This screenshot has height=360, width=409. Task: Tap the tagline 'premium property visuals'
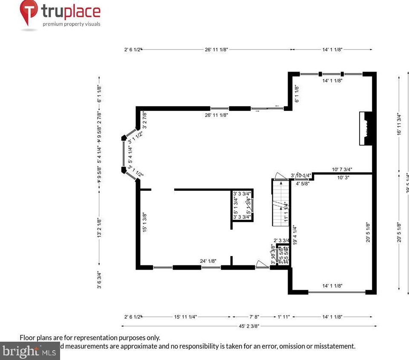coord(71,24)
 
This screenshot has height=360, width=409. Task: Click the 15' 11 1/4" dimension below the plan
coord(185,317)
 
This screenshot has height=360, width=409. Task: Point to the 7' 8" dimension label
coord(254,317)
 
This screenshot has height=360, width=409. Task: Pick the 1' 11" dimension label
coord(283,317)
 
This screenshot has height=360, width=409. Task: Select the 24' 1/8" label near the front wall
coord(209,261)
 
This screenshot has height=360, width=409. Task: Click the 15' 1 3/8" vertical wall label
coord(145,222)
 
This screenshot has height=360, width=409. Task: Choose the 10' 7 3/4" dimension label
coord(342,169)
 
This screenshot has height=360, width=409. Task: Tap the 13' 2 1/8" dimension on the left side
coord(99,228)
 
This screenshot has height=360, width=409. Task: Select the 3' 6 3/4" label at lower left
coord(99,280)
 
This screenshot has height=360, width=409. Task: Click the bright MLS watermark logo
coord(29,351)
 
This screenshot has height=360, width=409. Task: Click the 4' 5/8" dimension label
coord(303,184)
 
